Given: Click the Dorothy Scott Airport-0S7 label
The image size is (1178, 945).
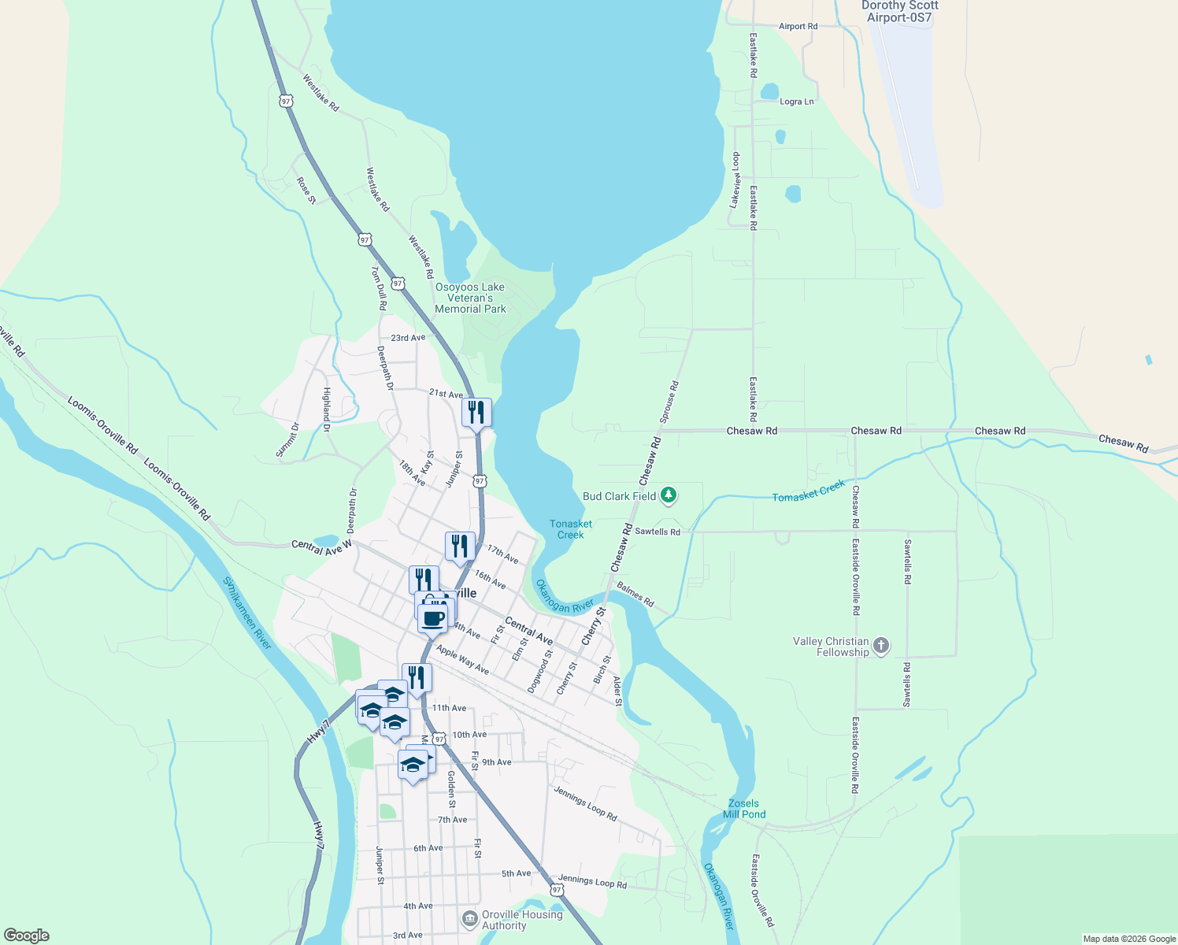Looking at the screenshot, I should [x=899, y=11].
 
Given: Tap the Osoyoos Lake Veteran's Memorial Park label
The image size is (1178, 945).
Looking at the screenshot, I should [x=470, y=298].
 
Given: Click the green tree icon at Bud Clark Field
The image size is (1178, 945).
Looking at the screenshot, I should [x=669, y=495].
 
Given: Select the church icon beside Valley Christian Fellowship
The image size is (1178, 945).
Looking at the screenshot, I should [x=881, y=647].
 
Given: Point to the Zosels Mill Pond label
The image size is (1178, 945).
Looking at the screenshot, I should [x=743, y=809].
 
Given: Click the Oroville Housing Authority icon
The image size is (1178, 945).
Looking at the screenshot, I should [x=470, y=919].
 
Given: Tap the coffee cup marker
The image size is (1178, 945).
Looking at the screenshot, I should [x=432, y=619].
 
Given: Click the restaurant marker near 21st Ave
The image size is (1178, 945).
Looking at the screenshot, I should [x=476, y=412].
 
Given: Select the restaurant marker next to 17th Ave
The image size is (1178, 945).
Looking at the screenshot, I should [x=460, y=546].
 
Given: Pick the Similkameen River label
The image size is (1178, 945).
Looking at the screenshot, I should [x=246, y=613].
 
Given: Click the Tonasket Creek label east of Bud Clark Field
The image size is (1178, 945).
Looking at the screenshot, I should [x=809, y=491].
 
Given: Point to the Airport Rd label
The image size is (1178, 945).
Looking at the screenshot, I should [x=798, y=26].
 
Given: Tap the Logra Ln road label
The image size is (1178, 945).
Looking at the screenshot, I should [x=796, y=102].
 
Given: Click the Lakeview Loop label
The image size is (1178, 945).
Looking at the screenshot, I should [x=735, y=180].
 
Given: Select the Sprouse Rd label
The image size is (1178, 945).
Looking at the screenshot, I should [x=669, y=402].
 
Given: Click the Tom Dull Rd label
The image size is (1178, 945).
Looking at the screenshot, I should [x=379, y=287].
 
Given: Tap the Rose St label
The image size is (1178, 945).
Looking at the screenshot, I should [x=306, y=191].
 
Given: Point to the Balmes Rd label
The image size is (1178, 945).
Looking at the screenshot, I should [x=635, y=595].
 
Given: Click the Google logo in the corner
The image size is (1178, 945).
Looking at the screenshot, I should [x=27, y=935].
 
